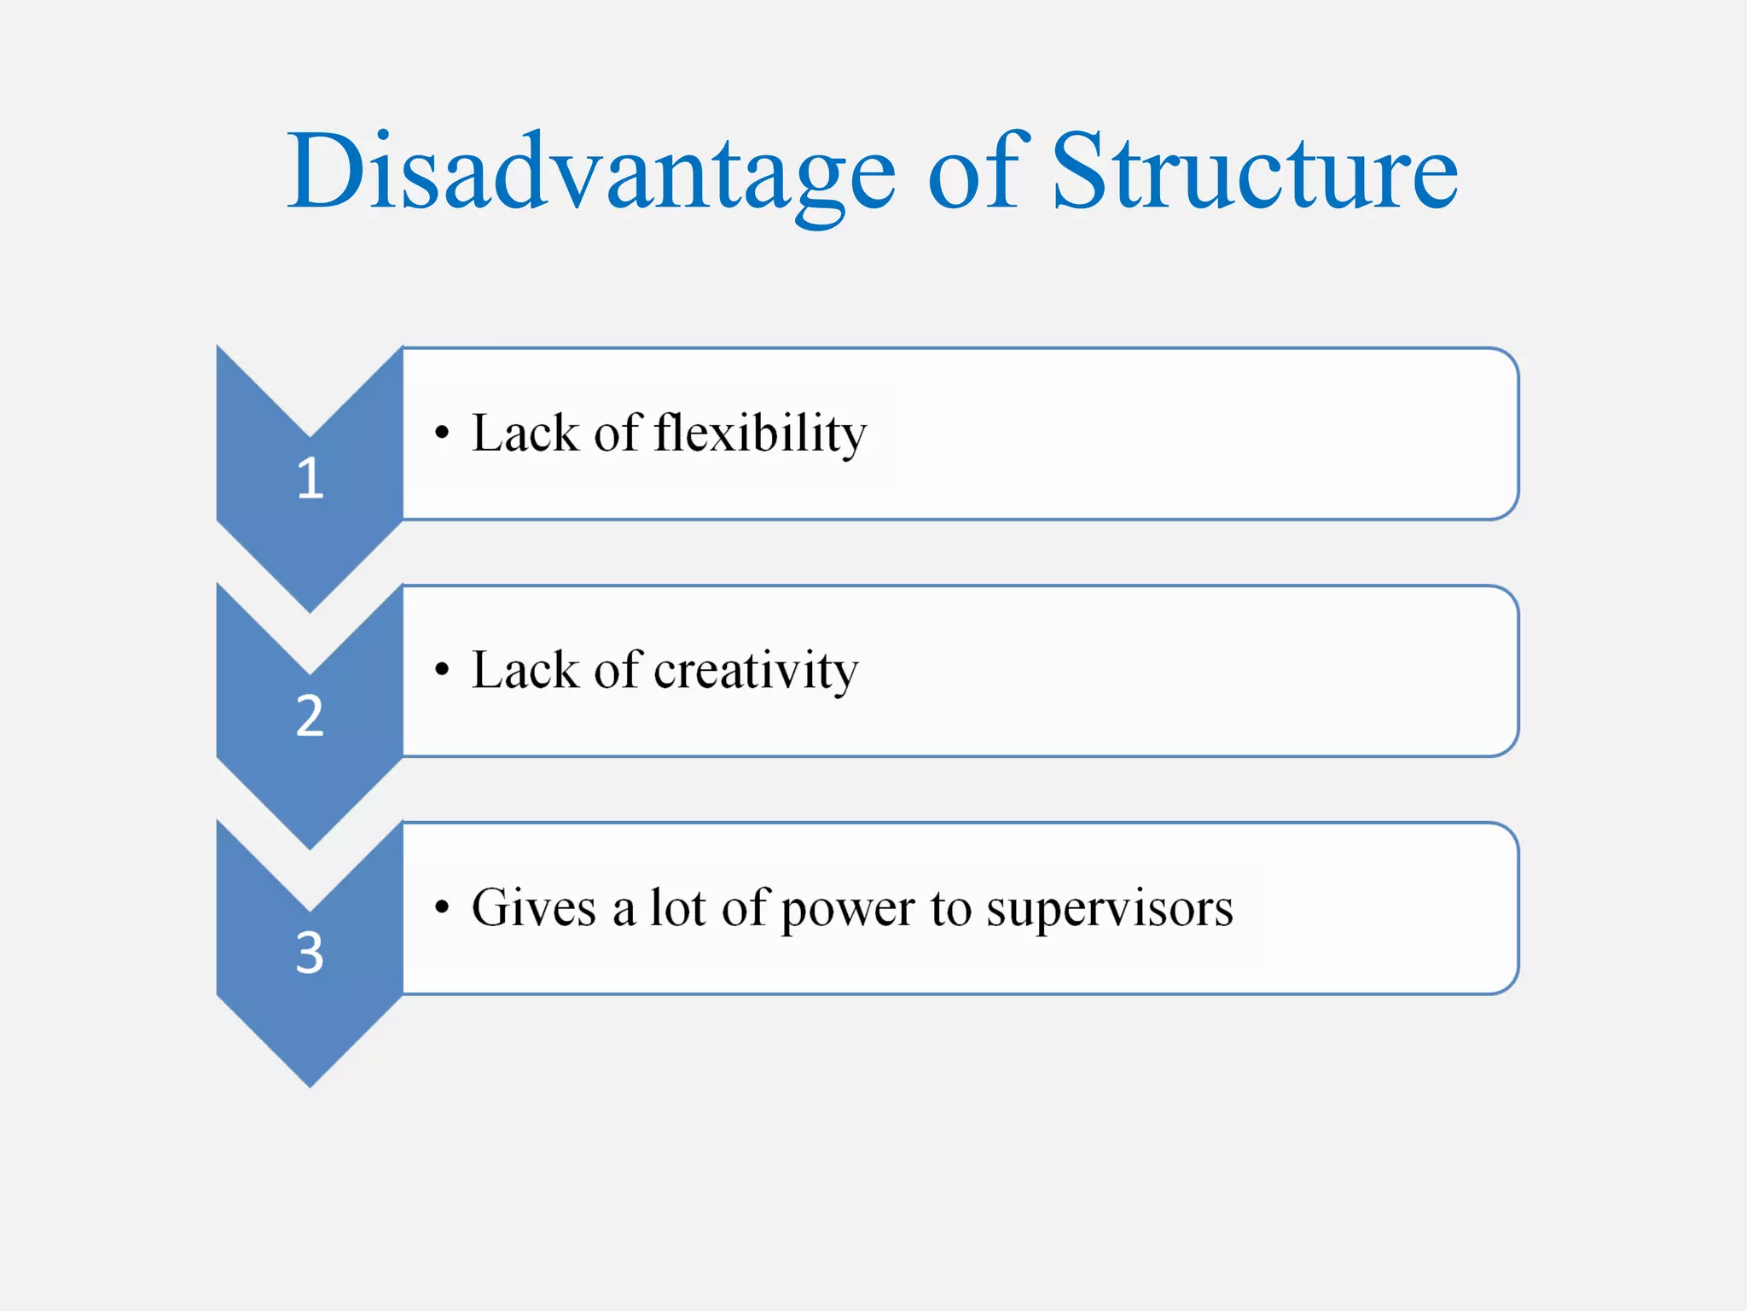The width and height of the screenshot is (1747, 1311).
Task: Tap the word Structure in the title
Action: point(1254,173)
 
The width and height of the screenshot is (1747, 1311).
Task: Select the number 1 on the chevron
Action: point(310,478)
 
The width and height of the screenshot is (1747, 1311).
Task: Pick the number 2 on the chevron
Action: point(310,715)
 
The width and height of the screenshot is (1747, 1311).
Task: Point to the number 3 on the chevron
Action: point(310,953)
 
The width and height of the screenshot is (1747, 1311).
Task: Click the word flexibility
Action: point(759,434)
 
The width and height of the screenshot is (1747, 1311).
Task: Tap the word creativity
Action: point(755,671)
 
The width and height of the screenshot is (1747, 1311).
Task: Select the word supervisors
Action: point(1109,909)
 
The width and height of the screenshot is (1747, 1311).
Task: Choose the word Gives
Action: point(533,908)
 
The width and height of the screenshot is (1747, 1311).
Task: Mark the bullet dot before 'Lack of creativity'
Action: point(441,670)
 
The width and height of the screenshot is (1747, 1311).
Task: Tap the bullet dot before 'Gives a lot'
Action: point(441,907)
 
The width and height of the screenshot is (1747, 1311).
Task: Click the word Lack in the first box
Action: point(525,434)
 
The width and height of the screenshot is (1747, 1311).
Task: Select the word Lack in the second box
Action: point(525,671)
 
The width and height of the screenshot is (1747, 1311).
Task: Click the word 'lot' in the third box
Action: point(678,908)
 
